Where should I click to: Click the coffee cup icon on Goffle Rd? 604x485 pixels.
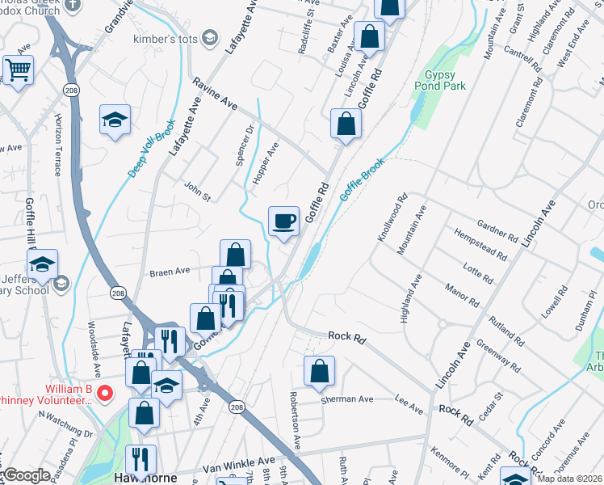pos(283,221)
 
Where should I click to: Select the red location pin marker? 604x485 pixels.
pos(104,394)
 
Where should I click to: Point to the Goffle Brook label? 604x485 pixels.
pos(362,179)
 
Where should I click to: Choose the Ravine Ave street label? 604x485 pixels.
pos(215,94)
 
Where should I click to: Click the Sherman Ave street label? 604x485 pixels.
pos(348,399)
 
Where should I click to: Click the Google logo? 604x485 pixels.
pos(26,475)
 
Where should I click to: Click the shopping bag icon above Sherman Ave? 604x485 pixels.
pos(320,371)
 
